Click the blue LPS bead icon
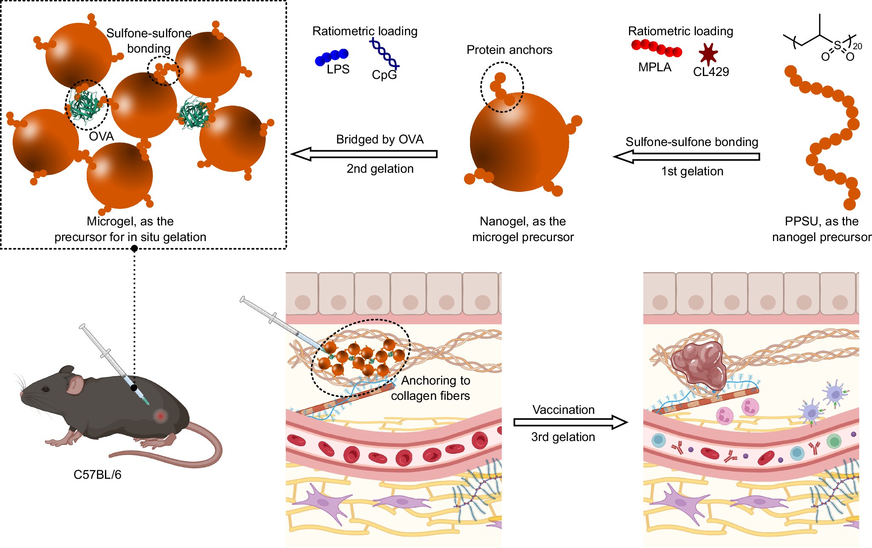pos(331,57)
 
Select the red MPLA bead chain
pos(656,48)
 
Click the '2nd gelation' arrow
pos(365,154)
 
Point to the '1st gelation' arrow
pos(687,157)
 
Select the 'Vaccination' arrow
pos(570,422)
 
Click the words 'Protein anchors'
pos(509,50)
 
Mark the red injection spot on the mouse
pos(160,416)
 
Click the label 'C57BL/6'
pos(97,475)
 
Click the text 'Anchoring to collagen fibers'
pos(431,388)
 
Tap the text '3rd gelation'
pos(563,437)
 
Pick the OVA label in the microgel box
pos(101,136)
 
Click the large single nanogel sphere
pos(519,142)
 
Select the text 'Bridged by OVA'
pos(379,140)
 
